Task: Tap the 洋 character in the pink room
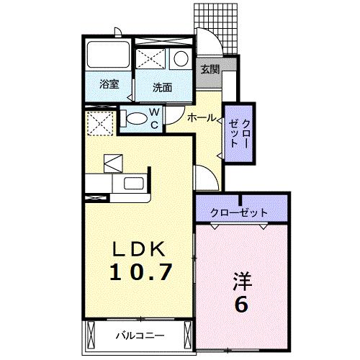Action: [241, 280]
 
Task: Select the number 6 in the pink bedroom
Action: [241, 304]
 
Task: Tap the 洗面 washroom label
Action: [162, 87]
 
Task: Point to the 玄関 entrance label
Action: [210, 69]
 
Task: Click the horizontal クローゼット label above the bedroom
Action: [239, 212]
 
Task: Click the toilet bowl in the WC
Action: [134, 119]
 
